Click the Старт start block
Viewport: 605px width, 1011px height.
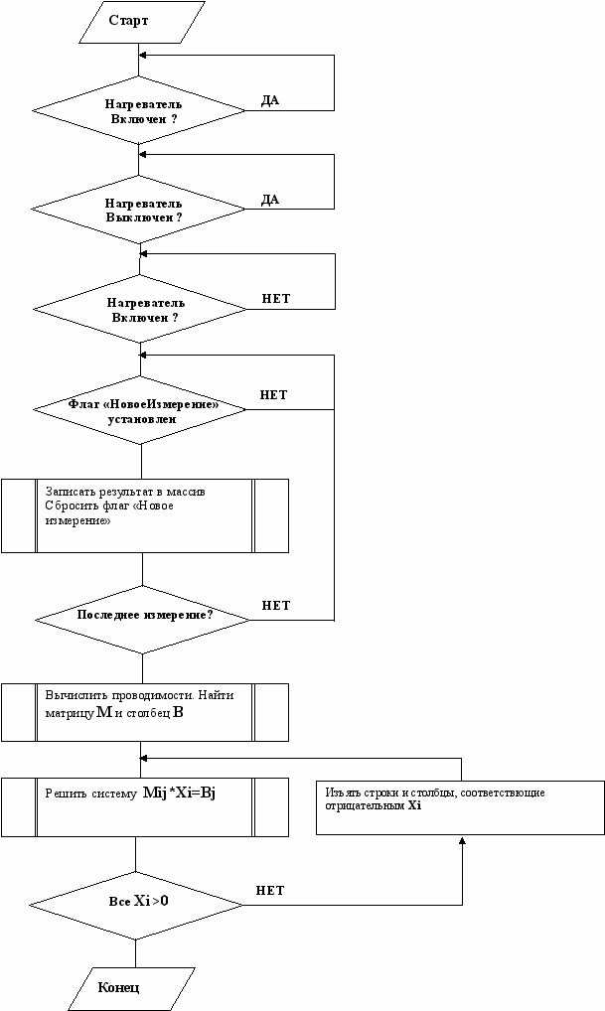[139, 22]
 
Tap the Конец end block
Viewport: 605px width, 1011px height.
[131, 988]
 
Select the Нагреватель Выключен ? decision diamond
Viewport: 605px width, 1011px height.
[139, 210]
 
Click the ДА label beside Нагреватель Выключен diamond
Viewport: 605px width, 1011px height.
[270, 200]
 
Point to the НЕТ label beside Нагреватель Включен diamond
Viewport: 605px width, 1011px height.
[276, 299]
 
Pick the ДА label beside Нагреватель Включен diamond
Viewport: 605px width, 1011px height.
[270, 100]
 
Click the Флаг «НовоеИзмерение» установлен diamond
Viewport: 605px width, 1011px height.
[140, 410]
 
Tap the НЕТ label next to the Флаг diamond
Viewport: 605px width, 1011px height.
[273, 394]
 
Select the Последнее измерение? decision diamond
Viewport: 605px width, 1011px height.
[142, 620]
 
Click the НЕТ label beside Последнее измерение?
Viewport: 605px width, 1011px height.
[276, 606]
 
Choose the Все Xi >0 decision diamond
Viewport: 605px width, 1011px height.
[136, 906]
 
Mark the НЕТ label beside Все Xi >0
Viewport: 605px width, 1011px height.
[270, 891]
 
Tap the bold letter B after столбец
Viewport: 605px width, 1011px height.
[178, 713]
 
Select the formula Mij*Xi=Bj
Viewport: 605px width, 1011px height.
[179, 794]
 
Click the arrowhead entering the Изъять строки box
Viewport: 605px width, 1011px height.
[462, 839]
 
